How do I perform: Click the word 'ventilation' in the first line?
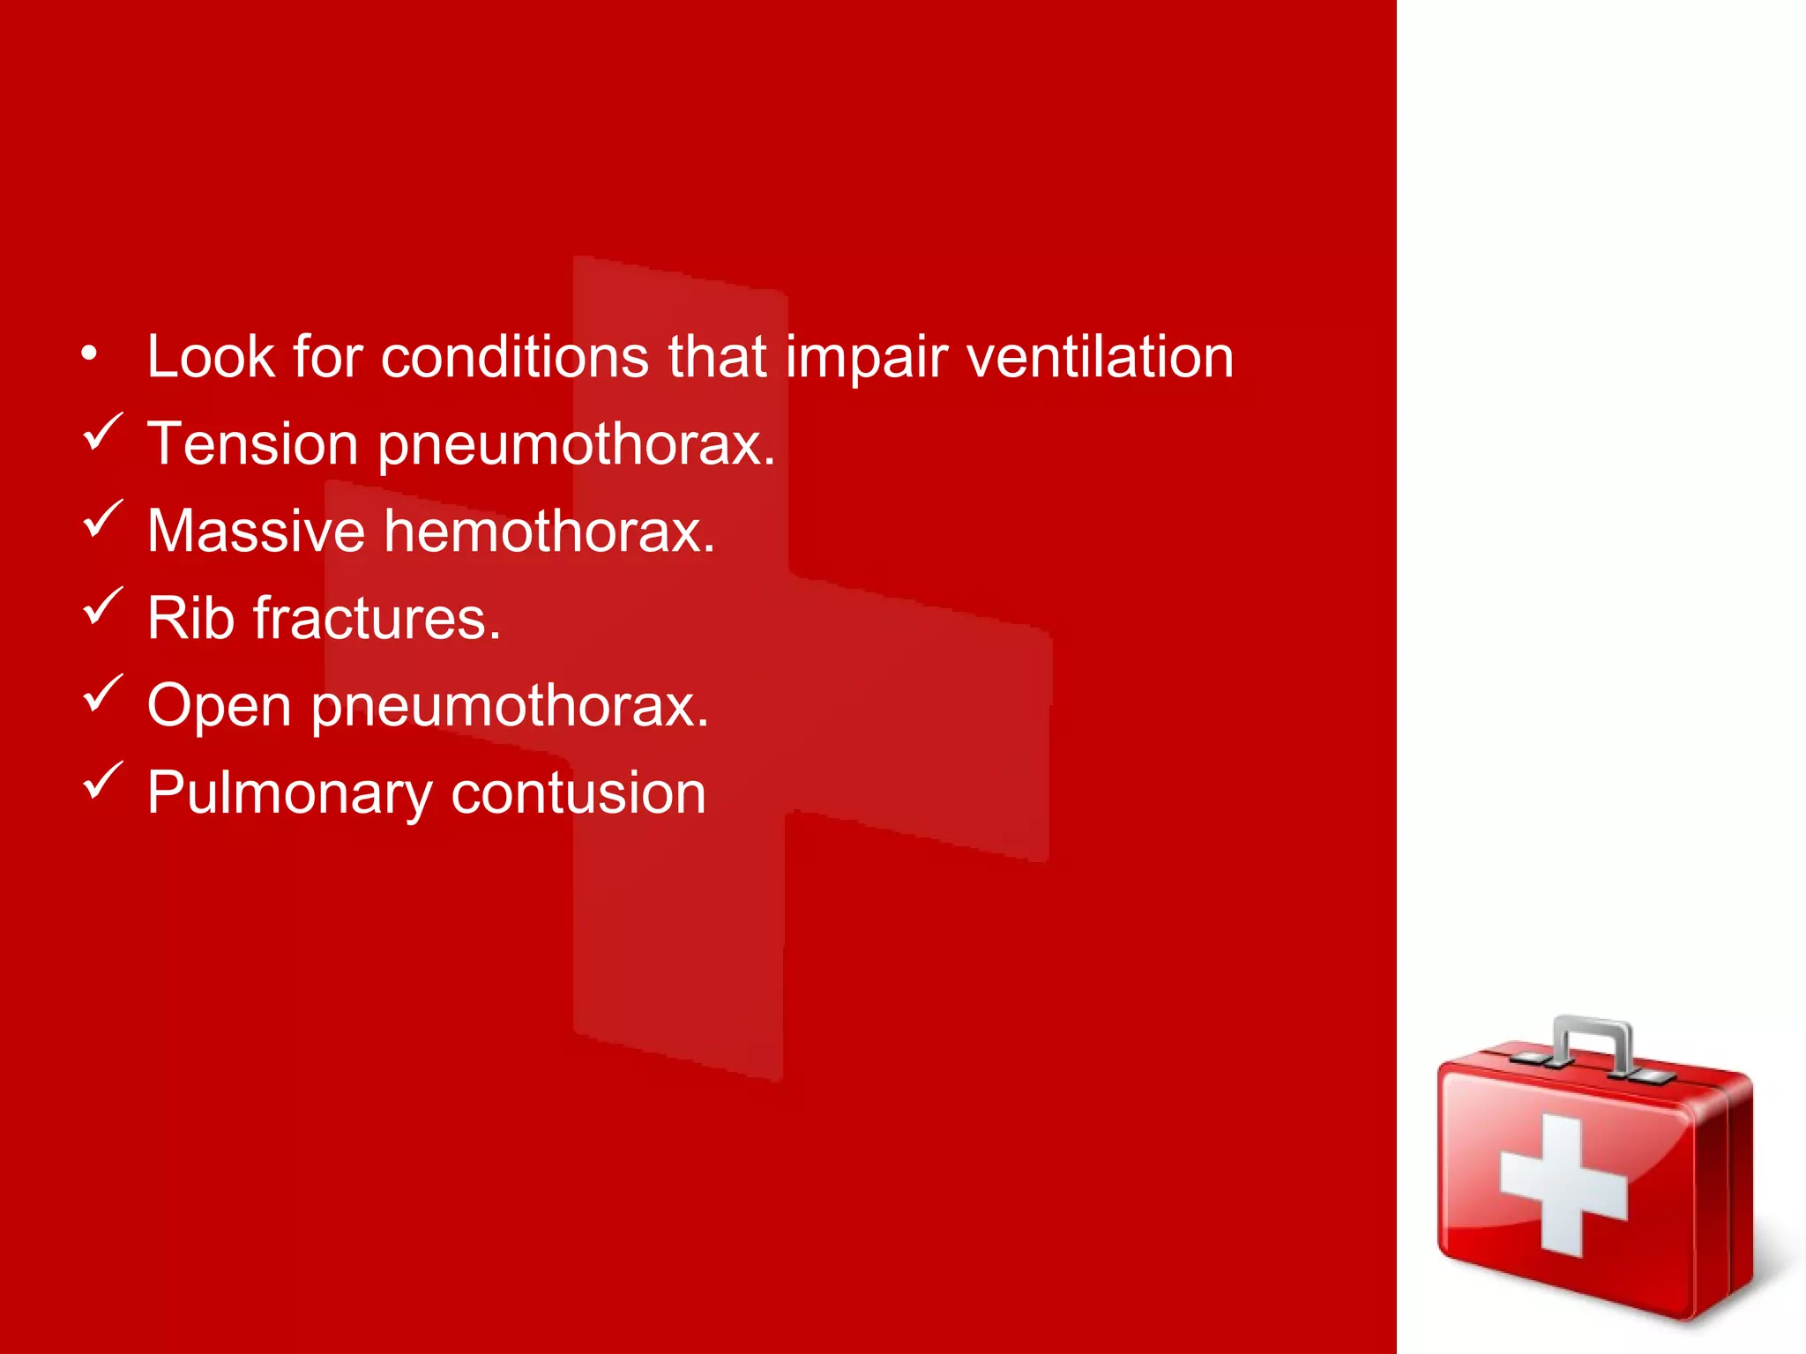[1100, 357]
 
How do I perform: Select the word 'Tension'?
[252, 443]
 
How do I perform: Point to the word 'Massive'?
[256, 531]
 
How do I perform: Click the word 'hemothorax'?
[549, 531]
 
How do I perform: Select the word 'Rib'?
[190, 618]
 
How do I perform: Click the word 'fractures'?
[377, 618]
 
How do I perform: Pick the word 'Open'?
[219, 707]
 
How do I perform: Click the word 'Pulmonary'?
[289, 793]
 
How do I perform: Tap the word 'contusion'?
[578, 793]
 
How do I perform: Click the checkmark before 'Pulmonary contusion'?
[101, 780]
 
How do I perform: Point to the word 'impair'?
[866, 357]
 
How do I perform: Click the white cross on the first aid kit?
[1563, 1184]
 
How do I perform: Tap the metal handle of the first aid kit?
[1592, 1040]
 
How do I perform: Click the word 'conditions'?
[514, 357]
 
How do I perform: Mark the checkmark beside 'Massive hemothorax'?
[101, 519]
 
